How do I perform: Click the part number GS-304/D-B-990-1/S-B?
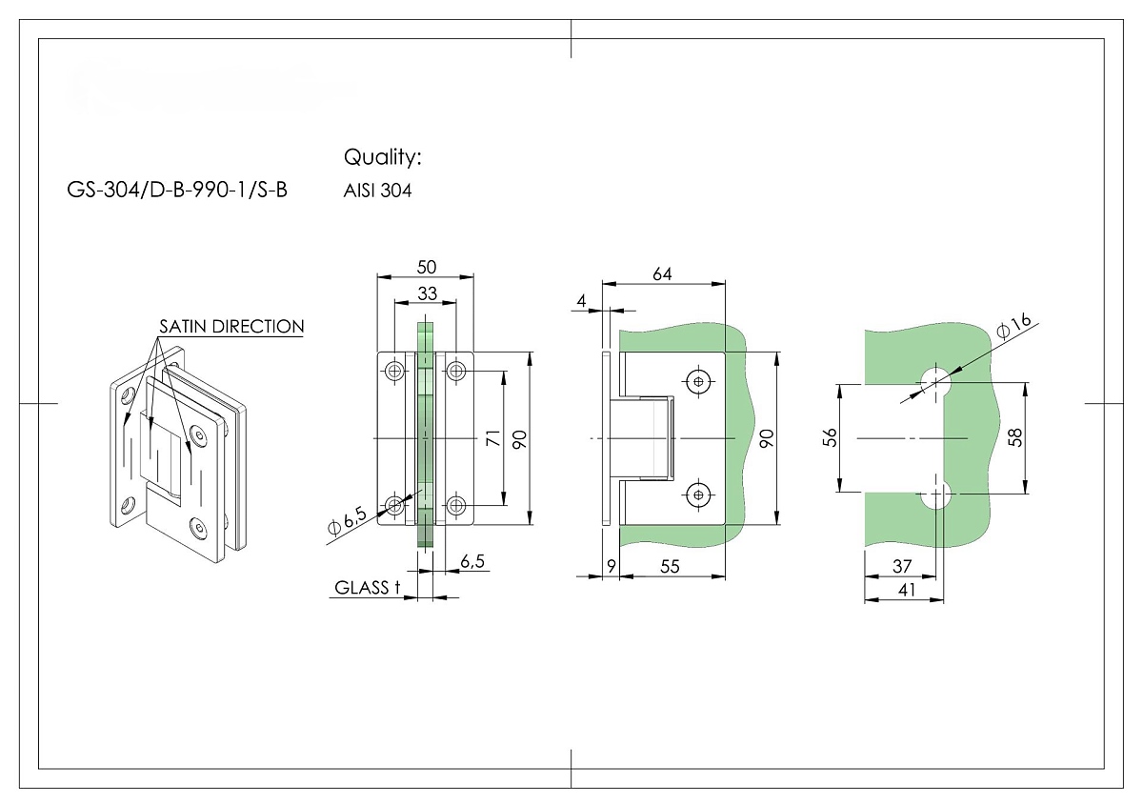(177, 191)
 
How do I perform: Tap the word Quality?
(381, 157)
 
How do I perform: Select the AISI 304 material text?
(377, 192)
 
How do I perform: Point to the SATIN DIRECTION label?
(231, 327)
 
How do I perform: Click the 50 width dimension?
(427, 267)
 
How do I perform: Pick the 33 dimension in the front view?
(427, 293)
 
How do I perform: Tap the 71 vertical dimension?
(492, 438)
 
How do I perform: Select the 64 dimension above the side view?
(662, 274)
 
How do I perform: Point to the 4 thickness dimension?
(581, 301)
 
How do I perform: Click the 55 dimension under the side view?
(670, 566)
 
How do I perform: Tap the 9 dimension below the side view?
(611, 566)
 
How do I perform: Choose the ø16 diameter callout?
(1014, 327)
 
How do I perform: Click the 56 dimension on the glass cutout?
(830, 438)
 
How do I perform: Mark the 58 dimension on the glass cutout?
(1015, 438)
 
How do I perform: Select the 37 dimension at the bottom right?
(901, 566)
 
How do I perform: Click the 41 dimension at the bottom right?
(907, 590)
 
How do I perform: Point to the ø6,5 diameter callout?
(347, 520)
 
